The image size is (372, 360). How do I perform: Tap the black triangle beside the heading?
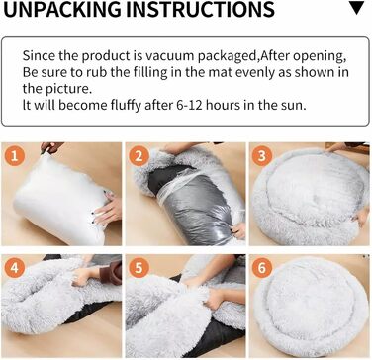pyautogui.click(x=356, y=8)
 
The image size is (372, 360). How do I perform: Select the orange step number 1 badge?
pyautogui.click(x=15, y=155)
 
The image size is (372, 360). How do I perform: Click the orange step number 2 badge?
pyautogui.click(x=139, y=155)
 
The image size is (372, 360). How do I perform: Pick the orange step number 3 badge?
pyautogui.click(x=262, y=155)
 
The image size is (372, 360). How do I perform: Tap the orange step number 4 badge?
pyautogui.click(x=15, y=268)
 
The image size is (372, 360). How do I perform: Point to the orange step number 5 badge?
pyautogui.click(x=139, y=268)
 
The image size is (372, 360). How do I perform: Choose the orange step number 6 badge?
pyautogui.click(x=262, y=268)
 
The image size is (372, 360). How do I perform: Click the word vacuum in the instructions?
pyautogui.click(x=170, y=56)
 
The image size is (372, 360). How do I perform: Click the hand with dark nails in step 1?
pyautogui.click(x=108, y=209)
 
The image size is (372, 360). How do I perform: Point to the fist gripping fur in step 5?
pyautogui.click(x=215, y=299)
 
